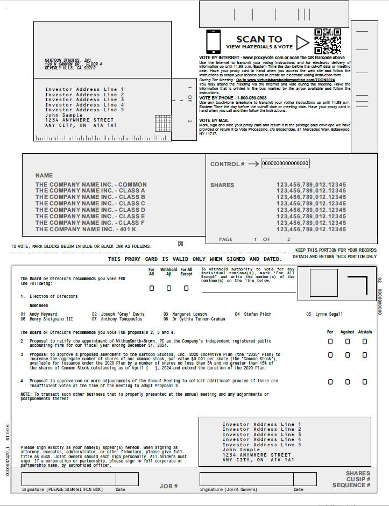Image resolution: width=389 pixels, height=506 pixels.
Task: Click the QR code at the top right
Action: [x=328, y=41]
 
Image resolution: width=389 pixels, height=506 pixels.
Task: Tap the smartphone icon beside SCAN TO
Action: [x=213, y=41]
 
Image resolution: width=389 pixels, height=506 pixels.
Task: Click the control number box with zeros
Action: [x=285, y=163]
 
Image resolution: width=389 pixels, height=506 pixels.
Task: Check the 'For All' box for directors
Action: [x=152, y=288]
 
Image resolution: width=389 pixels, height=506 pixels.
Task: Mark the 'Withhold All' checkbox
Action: [x=169, y=288]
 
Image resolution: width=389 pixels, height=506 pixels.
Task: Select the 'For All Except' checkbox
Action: [x=186, y=288]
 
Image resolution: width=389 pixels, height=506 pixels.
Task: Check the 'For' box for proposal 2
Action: [x=330, y=341]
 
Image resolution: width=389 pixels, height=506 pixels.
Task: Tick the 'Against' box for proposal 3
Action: [x=348, y=355]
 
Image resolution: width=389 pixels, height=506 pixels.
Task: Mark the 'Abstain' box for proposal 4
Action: [x=365, y=382]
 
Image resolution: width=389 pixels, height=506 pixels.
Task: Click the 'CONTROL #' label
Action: [x=227, y=164]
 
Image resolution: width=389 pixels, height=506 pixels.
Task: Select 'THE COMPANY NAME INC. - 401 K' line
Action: [x=86, y=230]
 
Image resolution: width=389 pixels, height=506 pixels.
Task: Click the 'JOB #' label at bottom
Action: [x=168, y=486]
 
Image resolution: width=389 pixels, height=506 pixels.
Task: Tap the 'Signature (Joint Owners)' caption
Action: [x=229, y=489]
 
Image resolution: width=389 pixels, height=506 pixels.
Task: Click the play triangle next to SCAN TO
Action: [x=303, y=42]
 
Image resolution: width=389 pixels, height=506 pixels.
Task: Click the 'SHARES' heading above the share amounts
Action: [x=222, y=185]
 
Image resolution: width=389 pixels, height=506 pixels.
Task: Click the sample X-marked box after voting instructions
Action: [x=180, y=244]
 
